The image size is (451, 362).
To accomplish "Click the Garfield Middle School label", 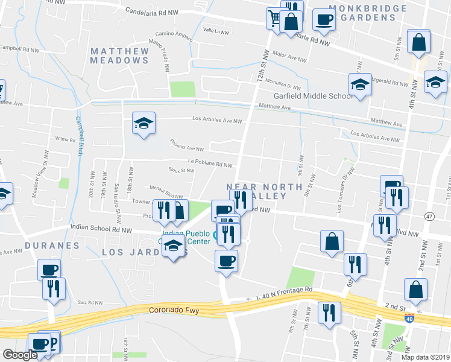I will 314,96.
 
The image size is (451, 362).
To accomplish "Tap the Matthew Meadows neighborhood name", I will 119,56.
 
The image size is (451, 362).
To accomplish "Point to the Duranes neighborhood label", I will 52,246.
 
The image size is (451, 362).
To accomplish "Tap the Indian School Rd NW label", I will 101,229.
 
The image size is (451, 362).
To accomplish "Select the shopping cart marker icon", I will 275,17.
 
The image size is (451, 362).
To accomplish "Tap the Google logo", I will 20,355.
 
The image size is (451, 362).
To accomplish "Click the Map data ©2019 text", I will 425,357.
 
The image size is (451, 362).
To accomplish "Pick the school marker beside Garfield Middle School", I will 360,84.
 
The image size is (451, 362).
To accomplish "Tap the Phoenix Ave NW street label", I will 187,148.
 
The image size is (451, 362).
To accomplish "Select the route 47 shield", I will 429,216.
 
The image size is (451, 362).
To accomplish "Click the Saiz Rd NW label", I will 91,302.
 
